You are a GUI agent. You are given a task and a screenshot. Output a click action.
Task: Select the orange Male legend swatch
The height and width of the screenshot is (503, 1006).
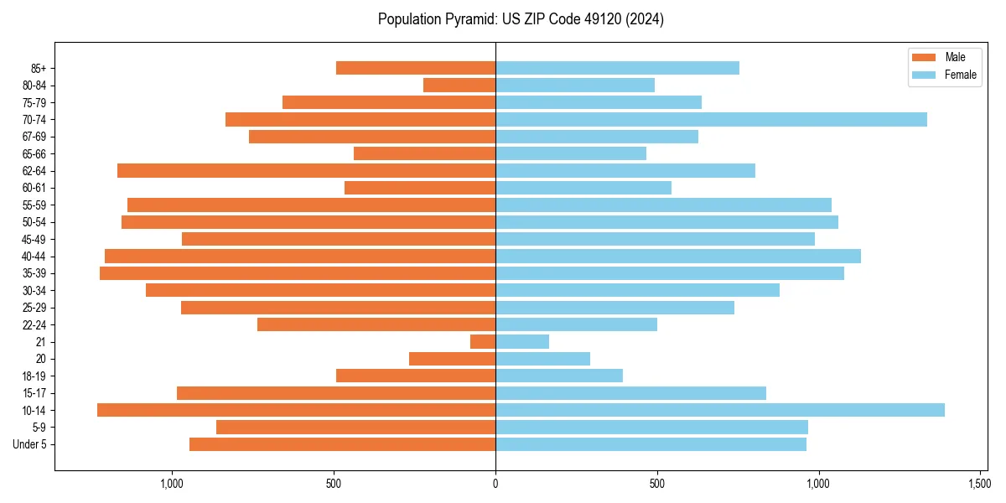[923, 57]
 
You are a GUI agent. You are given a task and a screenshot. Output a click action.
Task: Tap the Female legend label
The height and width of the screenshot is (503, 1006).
[961, 75]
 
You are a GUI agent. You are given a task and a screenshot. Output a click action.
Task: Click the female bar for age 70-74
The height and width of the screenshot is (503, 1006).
[711, 119]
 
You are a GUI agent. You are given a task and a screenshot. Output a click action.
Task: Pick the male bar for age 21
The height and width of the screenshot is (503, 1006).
[483, 341]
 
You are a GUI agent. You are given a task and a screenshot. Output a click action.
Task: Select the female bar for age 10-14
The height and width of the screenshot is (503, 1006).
[720, 410]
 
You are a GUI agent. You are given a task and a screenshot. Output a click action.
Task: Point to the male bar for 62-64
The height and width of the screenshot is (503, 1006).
[306, 170]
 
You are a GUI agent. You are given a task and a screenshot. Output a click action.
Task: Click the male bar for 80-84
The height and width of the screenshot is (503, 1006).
[459, 85]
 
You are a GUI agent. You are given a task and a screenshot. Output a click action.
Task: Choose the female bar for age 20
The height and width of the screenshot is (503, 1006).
[542, 359]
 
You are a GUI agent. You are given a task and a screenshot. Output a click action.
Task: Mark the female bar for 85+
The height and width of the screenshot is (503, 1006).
[617, 68]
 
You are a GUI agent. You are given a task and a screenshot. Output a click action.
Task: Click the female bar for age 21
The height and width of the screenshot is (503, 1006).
[522, 341]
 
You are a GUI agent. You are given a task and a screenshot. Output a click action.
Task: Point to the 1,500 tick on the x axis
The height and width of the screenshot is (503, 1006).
[980, 484]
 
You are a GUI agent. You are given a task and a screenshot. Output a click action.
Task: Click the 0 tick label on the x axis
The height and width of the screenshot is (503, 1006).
[495, 484]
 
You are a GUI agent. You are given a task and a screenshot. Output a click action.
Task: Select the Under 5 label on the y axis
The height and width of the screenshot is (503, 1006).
[30, 444]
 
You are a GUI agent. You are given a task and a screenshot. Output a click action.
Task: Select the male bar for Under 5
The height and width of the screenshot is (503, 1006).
[342, 444]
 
